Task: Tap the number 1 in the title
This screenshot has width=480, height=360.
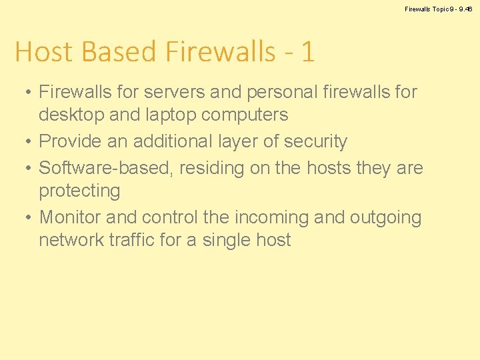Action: point(307,52)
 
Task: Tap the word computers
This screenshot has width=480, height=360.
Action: point(246,115)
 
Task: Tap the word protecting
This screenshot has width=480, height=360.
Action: point(79,191)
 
